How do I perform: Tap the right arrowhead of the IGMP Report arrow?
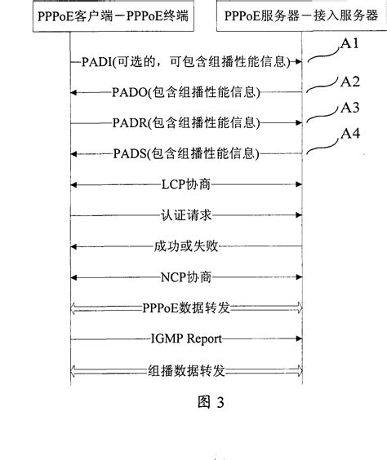pyautogui.click(x=302, y=337)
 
